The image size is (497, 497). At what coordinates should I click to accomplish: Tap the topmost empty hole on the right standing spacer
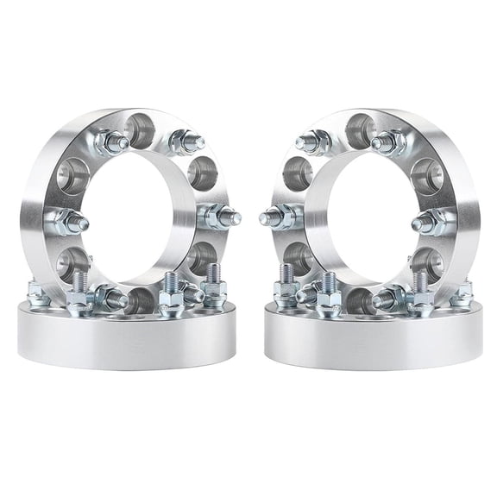[359, 130]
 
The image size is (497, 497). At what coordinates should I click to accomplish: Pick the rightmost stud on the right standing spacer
[431, 222]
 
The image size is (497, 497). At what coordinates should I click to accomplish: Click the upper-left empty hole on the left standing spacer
[72, 175]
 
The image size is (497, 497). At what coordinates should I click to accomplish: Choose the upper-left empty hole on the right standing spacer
[297, 173]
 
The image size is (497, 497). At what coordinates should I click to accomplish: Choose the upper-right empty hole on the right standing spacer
[425, 175]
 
